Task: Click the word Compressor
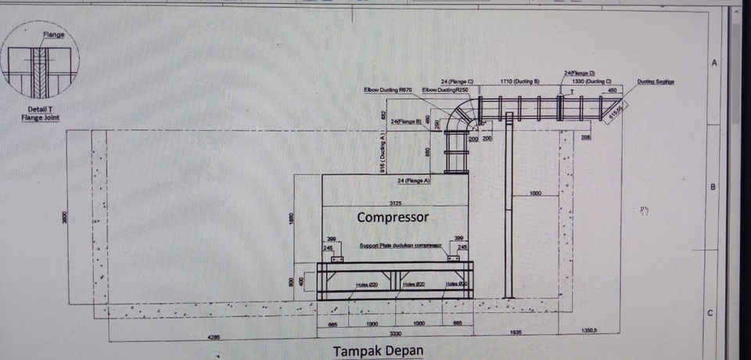point(393,217)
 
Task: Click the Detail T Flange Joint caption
point(41,114)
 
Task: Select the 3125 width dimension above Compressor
point(393,202)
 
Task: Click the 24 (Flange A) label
point(415,181)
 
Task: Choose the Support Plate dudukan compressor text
point(400,245)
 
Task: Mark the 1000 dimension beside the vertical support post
point(535,193)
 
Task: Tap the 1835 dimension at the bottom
point(516,333)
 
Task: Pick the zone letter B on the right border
point(713,187)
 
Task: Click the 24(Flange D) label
point(580,74)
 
